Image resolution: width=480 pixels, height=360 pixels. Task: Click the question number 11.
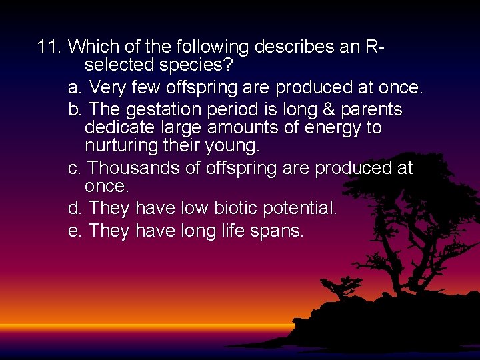pos(49,47)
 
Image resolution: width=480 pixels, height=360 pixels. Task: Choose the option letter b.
pos(75,109)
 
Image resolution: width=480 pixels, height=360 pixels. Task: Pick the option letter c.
pos(75,169)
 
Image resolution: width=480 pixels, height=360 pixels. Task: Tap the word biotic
pos(236,209)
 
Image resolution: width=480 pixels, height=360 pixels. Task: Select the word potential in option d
pos(298,209)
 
